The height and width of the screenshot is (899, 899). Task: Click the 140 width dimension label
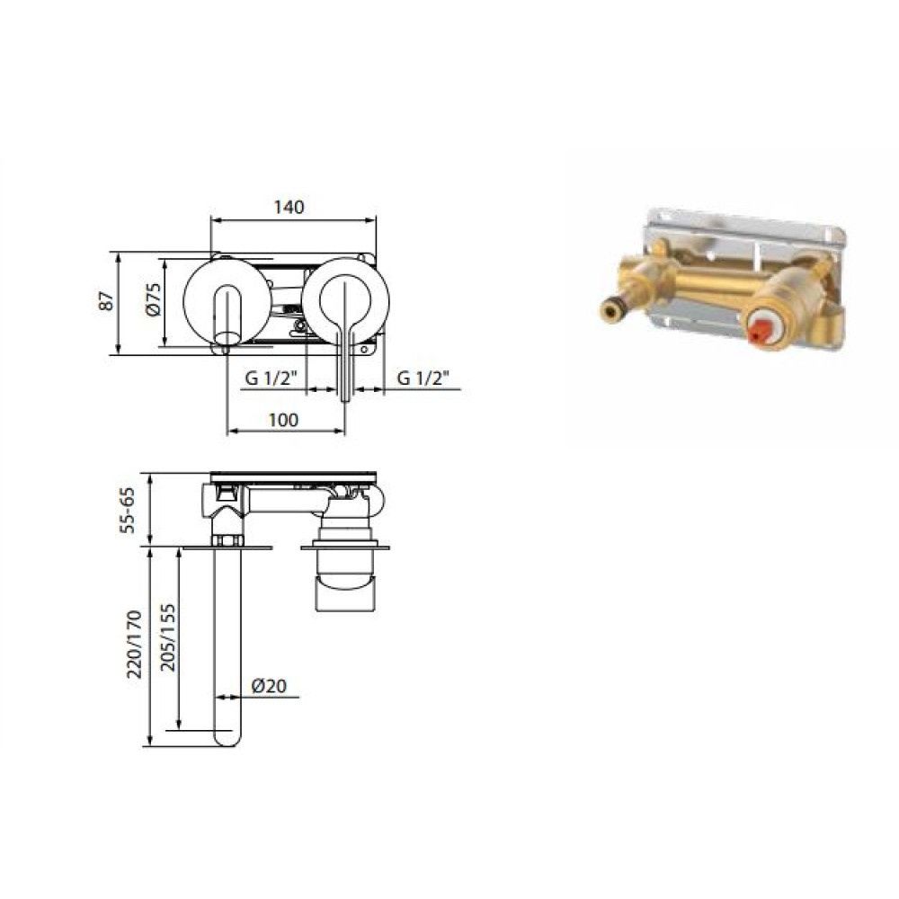click(x=289, y=207)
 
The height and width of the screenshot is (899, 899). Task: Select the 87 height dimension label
click(x=107, y=301)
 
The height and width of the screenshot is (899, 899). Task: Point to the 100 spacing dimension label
click(x=284, y=420)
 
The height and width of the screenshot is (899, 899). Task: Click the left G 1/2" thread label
click(x=270, y=378)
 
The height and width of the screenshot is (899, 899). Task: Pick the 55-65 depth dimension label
click(x=127, y=510)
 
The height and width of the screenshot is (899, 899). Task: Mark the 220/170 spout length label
click(x=134, y=645)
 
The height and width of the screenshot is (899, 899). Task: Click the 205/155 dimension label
click(x=167, y=637)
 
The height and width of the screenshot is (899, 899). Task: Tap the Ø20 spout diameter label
click(x=269, y=685)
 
